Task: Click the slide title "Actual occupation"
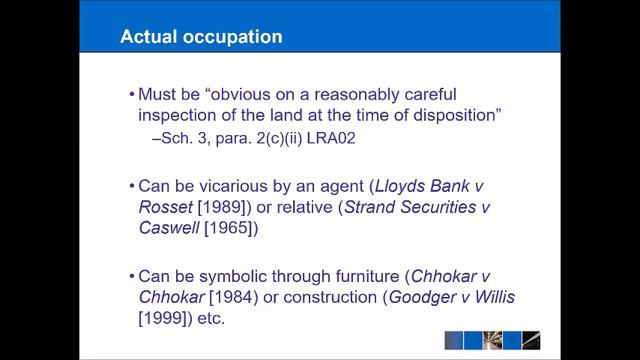[x=200, y=38]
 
